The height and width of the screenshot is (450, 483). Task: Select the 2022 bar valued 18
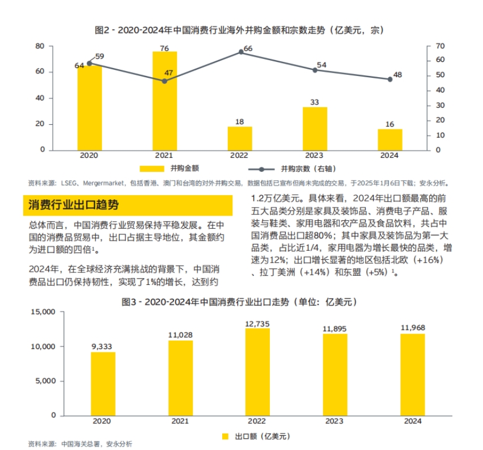click(x=240, y=138)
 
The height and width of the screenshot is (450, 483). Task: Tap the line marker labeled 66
click(x=241, y=52)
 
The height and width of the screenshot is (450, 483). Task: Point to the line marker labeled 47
click(x=165, y=81)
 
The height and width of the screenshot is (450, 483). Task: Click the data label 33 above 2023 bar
click(x=315, y=102)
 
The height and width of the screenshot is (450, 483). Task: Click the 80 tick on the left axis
click(x=41, y=46)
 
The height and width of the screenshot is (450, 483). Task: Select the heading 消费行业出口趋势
click(x=74, y=205)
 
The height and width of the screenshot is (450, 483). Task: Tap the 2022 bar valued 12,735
click(x=257, y=372)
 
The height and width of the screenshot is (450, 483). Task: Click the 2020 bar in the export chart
click(x=103, y=384)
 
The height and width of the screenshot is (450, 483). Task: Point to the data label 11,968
click(x=413, y=327)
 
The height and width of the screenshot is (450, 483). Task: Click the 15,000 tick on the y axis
click(x=44, y=312)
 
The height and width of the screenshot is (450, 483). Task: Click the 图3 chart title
click(x=241, y=302)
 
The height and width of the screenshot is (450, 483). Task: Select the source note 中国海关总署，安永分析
click(x=96, y=444)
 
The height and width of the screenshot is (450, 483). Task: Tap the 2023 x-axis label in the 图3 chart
click(x=334, y=422)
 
